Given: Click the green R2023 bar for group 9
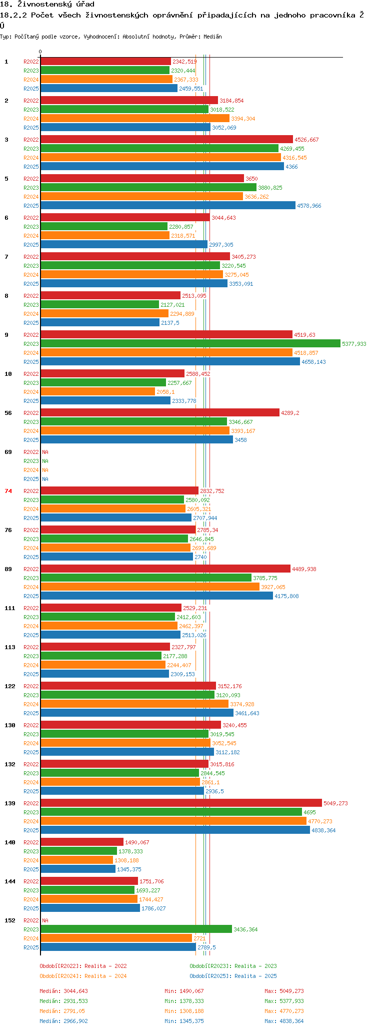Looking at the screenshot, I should [x=190, y=343].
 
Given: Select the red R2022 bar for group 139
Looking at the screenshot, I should [x=181, y=803].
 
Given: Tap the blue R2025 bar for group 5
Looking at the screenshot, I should [x=167, y=205].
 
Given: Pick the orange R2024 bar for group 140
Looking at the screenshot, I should [x=76, y=860].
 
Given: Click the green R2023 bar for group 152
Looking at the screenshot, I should [x=136, y=929].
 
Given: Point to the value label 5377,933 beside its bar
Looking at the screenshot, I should [x=354, y=344].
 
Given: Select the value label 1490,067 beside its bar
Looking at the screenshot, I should [x=137, y=842].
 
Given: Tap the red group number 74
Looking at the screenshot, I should [x=8, y=491].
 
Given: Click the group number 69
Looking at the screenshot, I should [x=8, y=452].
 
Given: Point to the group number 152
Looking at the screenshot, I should [x=9, y=920].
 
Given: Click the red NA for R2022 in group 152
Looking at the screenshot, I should [x=45, y=920].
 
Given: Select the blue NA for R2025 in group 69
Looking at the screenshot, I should [x=45, y=479].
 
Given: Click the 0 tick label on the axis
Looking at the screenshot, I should [x=40, y=52].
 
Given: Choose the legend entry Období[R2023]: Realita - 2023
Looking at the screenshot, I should [x=233, y=966].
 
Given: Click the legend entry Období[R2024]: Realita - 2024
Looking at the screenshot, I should [x=83, y=976].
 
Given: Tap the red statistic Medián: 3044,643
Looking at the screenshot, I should [x=63, y=991].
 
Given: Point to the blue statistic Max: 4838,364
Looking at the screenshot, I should [x=284, y=1021].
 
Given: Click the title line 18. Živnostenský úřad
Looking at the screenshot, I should [x=47, y=5].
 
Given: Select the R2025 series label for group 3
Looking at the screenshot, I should [x=31, y=167].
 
